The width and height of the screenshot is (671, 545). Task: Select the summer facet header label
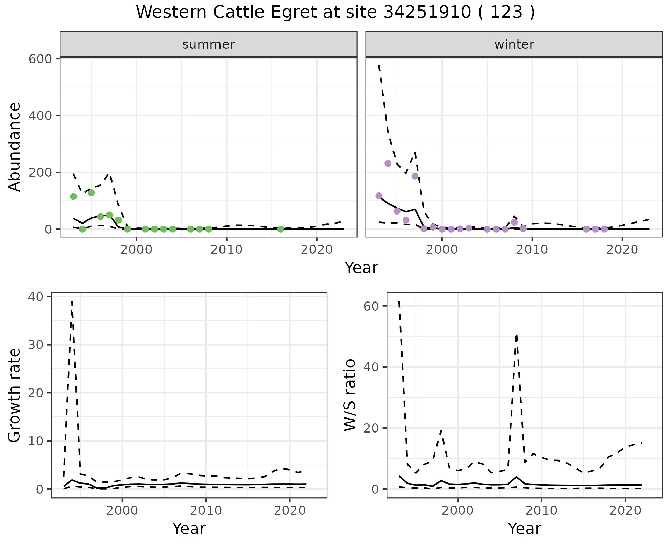[209, 44]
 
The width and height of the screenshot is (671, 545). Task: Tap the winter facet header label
[514, 44]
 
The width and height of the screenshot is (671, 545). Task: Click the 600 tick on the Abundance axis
[40, 59]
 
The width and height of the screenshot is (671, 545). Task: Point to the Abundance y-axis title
[15, 147]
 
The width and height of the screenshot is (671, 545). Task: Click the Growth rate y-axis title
[15, 395]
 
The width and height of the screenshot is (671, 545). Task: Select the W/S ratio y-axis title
[350, 395]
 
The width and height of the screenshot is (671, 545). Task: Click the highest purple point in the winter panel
[388, 163]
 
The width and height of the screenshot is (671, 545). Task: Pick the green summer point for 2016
[281, 229]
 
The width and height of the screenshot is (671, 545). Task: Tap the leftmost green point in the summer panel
[73, 196]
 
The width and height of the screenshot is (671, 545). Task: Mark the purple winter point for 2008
[514, 222]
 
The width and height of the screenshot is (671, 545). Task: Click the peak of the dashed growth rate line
[72, 301]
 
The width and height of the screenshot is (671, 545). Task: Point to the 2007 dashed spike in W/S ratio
[517, 335]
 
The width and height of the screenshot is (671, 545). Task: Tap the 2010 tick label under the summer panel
[226, 249]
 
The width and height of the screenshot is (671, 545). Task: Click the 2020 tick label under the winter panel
[622, 249]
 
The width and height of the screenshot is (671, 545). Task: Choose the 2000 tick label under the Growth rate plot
[122, 510]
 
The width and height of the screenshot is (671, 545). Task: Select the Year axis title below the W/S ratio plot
[525, 529]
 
